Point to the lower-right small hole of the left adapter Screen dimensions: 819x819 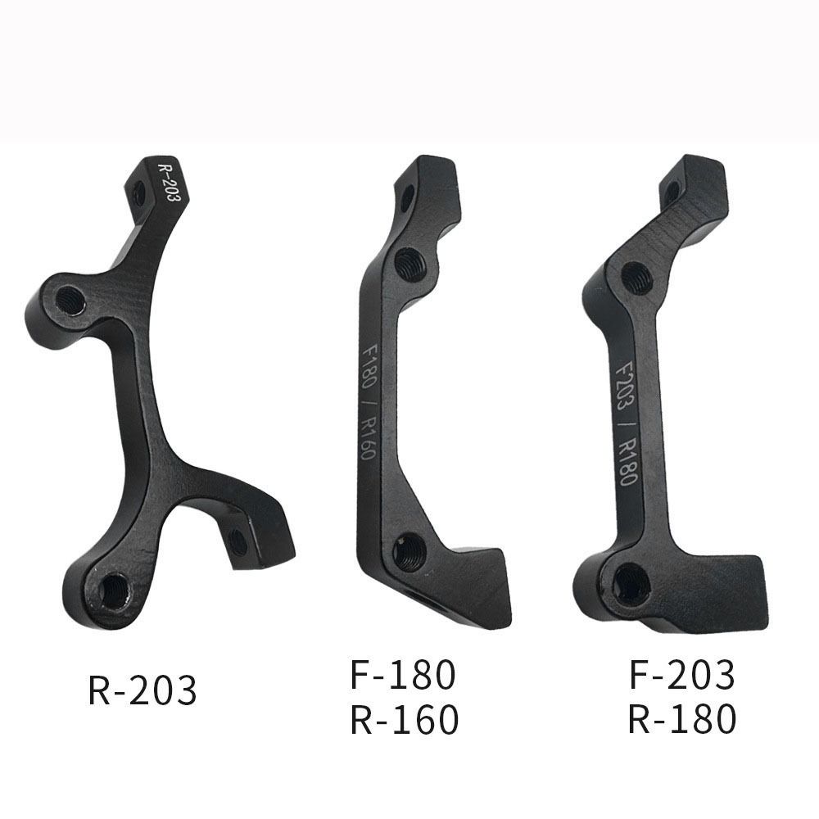238,541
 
